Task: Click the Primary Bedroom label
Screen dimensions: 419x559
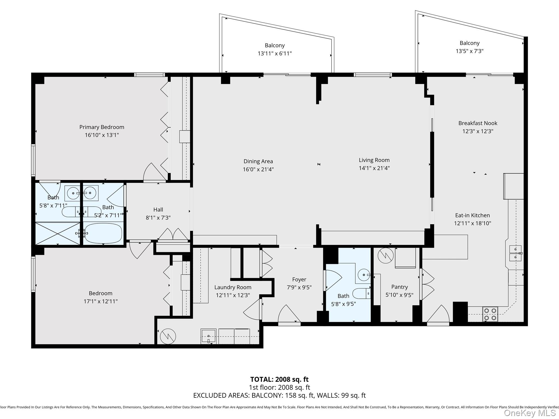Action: (102, 127)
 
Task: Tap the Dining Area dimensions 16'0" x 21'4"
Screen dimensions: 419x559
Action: (258, 169)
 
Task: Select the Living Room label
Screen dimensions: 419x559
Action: (374, 160)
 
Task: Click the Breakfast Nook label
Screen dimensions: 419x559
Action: (478, 123)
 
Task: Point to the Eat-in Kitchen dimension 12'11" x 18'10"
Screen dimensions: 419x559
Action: (472, 223)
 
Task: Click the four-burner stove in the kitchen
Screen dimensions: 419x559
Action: (490, 314)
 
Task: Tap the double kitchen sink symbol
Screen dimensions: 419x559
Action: (515, 253)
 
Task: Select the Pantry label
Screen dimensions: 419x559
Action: (399, 287)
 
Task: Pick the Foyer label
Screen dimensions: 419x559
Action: (299, 280)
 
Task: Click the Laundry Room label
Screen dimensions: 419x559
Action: (233, 287)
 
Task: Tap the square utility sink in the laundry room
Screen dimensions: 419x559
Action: (208, 336)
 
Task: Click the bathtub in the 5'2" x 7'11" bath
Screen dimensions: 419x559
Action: (103, 233)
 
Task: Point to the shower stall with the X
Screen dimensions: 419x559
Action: (58, 234)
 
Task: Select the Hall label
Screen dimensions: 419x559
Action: (158, 210)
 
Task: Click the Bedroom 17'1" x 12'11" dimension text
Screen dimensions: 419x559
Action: (100, 301)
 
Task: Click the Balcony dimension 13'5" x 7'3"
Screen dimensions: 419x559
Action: (469, 51)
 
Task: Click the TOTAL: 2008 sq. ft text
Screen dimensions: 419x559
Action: (279, 379)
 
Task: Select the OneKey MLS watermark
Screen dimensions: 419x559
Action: (530, 413)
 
